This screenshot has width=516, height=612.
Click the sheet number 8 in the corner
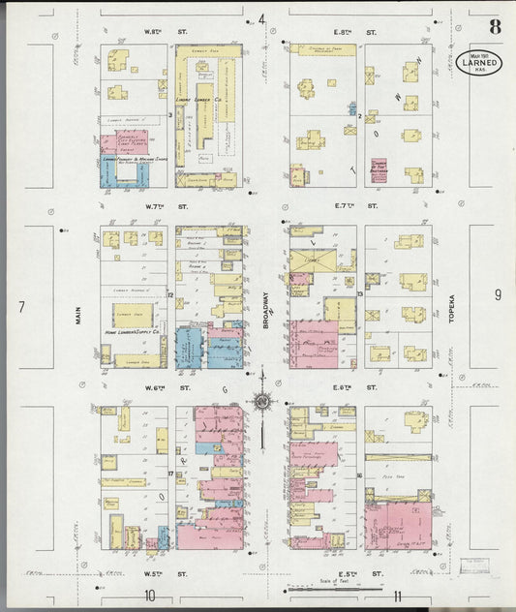click(495, 27)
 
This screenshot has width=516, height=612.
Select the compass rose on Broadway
click(262, 399)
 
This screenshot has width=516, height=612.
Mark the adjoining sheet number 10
click(149, 595)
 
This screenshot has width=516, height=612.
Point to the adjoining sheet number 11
click(398, 595)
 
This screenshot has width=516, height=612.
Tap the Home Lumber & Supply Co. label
click(133, 339)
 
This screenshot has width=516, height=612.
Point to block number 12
click(170, 293)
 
